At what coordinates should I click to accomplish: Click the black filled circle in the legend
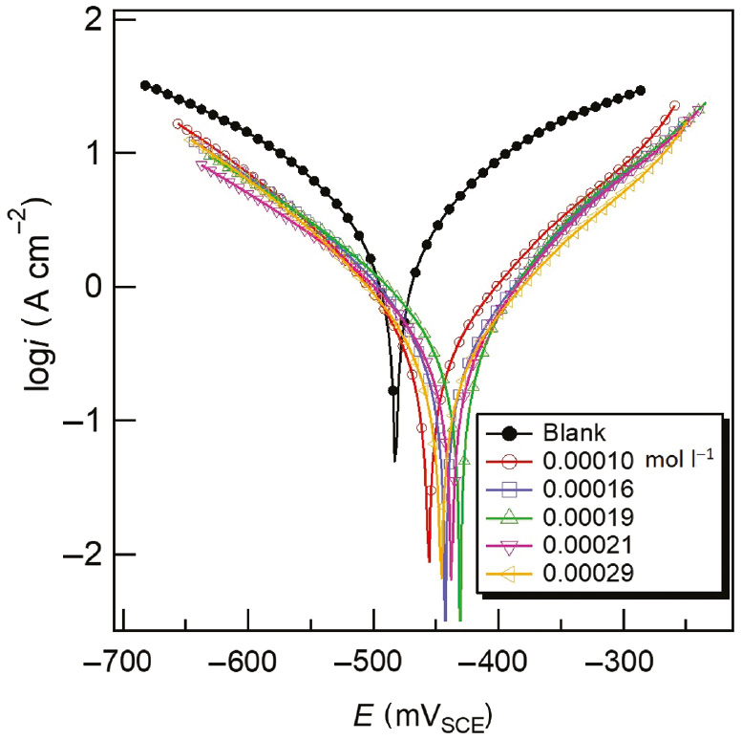click(509, 432)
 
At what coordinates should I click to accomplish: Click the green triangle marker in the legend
click(509, 516)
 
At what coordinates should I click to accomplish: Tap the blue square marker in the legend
click(509, 489)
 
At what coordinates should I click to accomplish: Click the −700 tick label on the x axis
click(124, 661)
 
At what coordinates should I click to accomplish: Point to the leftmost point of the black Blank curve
click(145, 85)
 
